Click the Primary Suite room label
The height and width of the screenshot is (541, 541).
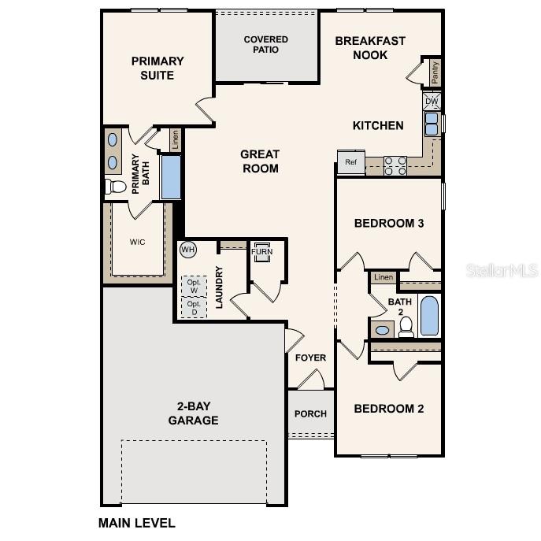pyautogui.click(x=157, y=68)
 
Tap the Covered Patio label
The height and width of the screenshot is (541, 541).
pyautogui.click(x=266, y=45)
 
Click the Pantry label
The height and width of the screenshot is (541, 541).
pyautogui.click(x=435, y=72)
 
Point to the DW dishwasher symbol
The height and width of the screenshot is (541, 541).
pyautogui.click(x=432, y=102)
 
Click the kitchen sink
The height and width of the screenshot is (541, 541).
pyautogui.click(x=432, y=124)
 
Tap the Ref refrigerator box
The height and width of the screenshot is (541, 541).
pyautogui.click(x=350, y=162)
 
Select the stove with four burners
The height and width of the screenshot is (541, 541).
pyautogui.click(x=395, y=165)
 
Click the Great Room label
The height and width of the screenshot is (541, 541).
pyautogui.click(x=260, y=161)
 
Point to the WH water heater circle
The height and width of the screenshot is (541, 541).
pyautogui.click(x=187, y=250)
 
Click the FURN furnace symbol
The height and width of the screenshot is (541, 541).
pyautogui.click(x=261, y=252)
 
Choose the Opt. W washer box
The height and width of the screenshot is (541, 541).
pyautogui.click(x=194, y=284)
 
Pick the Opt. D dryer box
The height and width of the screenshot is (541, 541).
pyautogui.click(x=194, y=308)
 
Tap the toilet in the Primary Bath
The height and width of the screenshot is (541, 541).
pyautogui.click(x=116, y=187)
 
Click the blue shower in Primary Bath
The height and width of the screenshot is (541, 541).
pyautogui.click(x=171, y=177)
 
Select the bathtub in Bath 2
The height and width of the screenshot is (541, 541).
pyautogui.click(x=429, y=316)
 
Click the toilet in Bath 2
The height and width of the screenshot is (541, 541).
pyautogui.click(x=406, y=329)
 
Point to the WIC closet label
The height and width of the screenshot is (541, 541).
pyautogui.click(x=138, y=242)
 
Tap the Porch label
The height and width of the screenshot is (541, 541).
pyautogui.click(x=310, y=414)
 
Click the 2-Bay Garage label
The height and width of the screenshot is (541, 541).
pyautogui.click(x=193, y=413)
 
